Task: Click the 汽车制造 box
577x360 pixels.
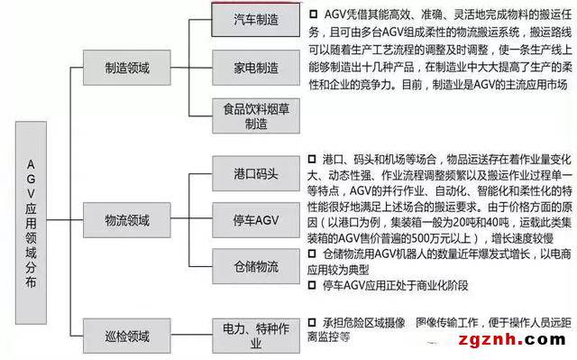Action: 249,17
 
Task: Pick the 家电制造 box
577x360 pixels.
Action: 249,67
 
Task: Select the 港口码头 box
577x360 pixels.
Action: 249,169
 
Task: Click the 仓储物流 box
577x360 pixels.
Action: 249,267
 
